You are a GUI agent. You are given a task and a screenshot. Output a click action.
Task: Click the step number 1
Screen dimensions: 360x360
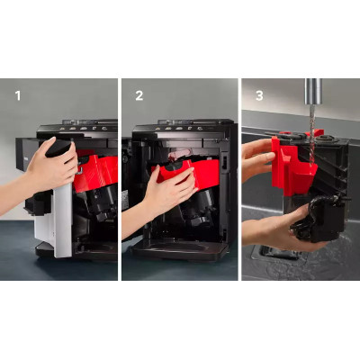(x=18, y=95)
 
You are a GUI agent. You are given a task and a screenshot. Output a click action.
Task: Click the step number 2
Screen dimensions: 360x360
(x=139, y=95)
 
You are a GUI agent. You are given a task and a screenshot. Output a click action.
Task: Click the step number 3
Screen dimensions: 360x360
(x=259, y=95)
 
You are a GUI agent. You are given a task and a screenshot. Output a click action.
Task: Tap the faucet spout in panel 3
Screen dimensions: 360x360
(x=313, y=92)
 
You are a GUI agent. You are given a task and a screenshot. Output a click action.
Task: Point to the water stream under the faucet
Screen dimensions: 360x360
(x=312, y=132)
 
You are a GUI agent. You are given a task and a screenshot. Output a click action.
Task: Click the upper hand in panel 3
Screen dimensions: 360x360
(x=258, y=159)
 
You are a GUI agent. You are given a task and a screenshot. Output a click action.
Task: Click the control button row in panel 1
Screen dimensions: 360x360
(x=84, y=128)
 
